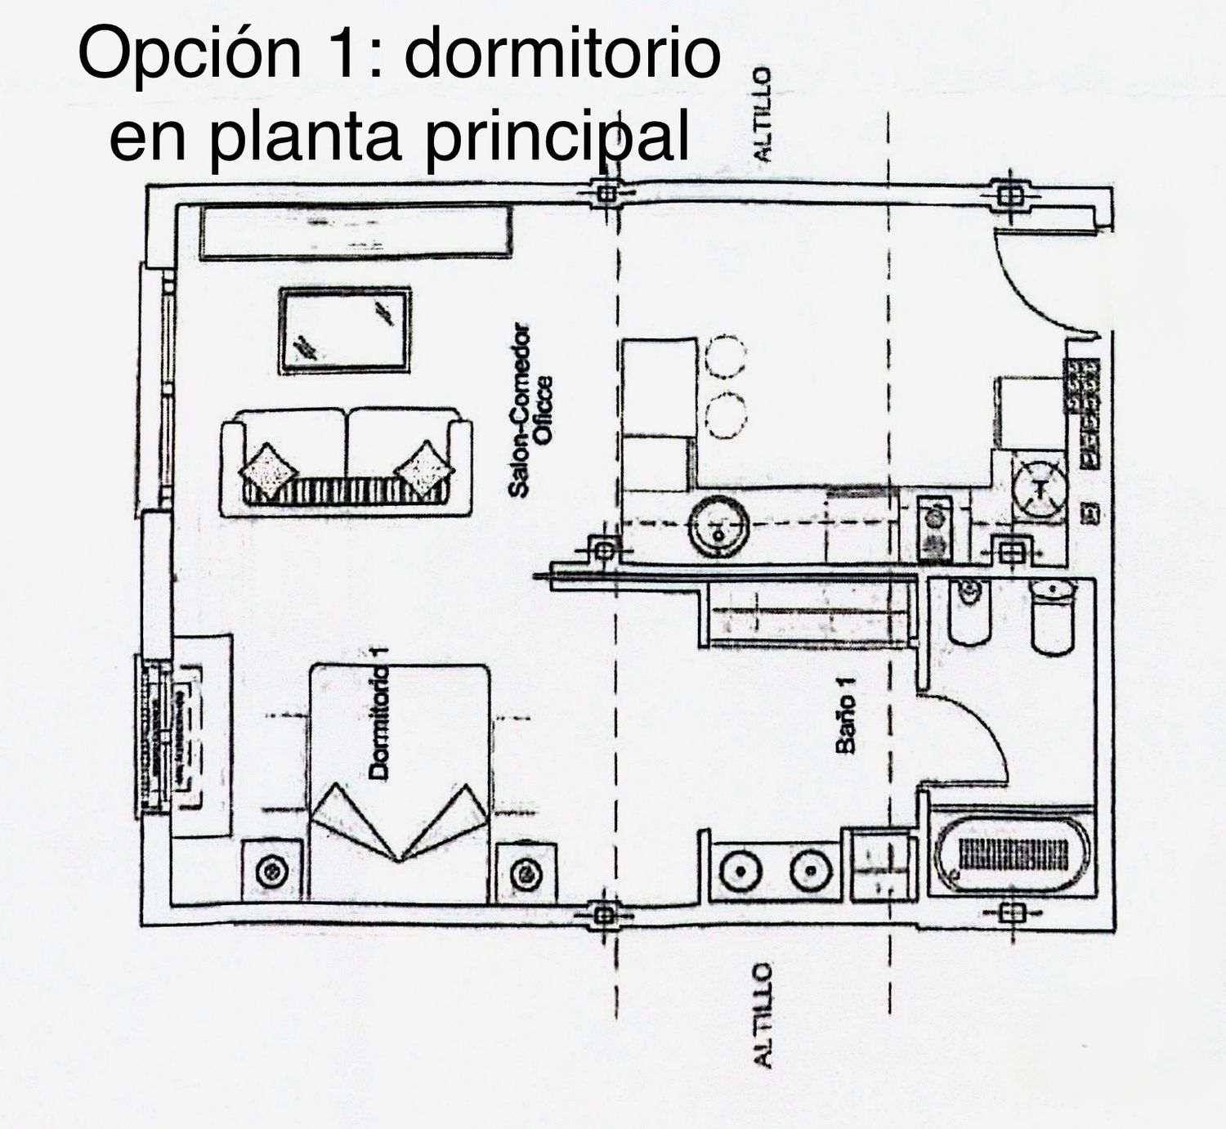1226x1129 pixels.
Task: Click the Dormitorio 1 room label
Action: pos(378,711)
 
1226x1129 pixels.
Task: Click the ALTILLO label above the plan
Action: pos(761,114)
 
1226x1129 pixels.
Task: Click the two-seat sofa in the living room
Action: pos(346,462)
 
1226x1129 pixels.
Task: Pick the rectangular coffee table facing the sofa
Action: pos(344,330)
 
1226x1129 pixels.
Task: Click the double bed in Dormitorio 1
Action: pos(400,781)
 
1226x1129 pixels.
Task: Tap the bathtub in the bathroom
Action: pos(1012,855)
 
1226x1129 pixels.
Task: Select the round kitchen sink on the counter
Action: pos(718,526)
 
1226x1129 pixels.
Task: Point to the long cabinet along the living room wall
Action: pos(356,233)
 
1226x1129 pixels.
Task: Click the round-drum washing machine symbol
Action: pos(1040,489)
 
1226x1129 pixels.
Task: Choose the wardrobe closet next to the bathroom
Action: pos(805,615)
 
